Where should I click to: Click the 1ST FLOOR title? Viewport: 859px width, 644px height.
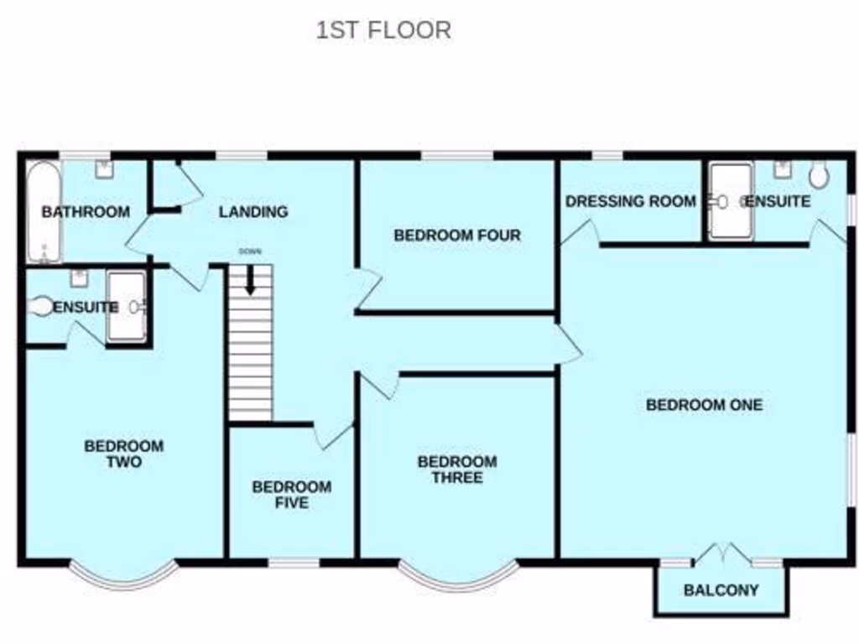click(x=383, y=30)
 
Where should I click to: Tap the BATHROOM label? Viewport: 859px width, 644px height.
click(x=86, y=211)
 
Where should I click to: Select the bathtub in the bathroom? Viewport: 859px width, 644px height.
click(x=39, y=210)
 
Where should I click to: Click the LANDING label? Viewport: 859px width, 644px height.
click(x=252, y=212)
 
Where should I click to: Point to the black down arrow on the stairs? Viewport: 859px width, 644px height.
click(x=250, y=281)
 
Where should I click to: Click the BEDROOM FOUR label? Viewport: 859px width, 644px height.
click(x=457, y=236)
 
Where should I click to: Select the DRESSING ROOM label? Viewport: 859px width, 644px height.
click(x=630, y=201)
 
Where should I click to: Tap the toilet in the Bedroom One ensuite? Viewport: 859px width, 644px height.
click(x=819, y=175)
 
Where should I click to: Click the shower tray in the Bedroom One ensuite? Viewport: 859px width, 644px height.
click(x=730, y=201)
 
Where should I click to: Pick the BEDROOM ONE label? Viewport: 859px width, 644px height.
click(x=704, y=405)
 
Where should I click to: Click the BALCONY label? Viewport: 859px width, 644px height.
click(x=721, y=589)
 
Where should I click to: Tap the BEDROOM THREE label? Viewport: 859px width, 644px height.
click(x=457, y=470)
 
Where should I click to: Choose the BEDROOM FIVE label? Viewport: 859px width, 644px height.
click(x=291, y=495)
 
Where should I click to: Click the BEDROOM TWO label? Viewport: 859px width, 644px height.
click(x=123, y=454)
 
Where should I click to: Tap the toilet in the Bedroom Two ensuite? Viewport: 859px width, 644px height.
click(x=39, y=307)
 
